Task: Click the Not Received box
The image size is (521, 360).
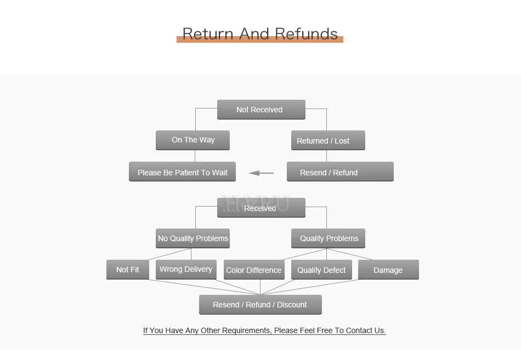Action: [261, 110]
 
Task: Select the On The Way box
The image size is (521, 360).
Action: [192, 140]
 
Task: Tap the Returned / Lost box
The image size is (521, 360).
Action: [328, 140]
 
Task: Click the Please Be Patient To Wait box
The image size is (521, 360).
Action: [183, 172]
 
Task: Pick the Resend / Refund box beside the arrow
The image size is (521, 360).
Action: [340, 172]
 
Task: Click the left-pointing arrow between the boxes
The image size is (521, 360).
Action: [261, 173]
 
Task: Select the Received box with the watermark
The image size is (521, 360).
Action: [261, 208]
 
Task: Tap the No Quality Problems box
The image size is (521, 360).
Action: [192, 238]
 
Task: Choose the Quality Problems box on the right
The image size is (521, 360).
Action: [328, 238]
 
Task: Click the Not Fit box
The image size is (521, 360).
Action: [128, 270]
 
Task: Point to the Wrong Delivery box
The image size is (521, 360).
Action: [186, 270]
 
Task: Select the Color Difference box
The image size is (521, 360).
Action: [254, 270]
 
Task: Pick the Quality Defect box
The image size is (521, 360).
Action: [321, 270]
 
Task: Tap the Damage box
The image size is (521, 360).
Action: [388, 270]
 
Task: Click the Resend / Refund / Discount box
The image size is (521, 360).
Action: [260, 305]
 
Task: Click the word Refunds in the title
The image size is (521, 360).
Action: [307, 34]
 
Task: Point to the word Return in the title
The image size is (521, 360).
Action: [208, 34]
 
